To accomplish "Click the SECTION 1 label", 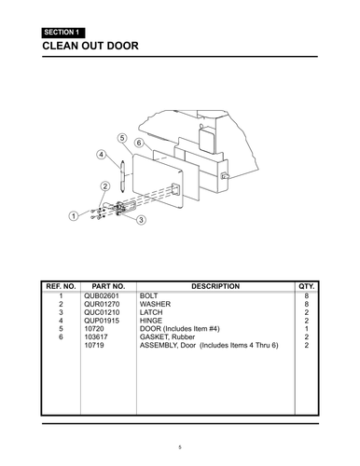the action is click(x=62, y=33).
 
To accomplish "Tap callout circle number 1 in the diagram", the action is click(x=73, y=216).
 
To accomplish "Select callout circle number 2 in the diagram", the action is click(x=105, y=186).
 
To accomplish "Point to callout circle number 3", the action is click(x=141, y=220).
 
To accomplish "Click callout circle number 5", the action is click(x=122, y=138).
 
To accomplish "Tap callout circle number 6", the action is click(x=138, y=144).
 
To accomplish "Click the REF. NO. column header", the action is click(x=60, y=286).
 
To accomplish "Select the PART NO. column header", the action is click(x=107, y=286).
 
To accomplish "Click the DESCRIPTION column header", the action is click(x=215, y=286).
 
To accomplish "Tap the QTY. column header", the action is click(x=306, y=286).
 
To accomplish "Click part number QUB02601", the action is click(x=103, y=295).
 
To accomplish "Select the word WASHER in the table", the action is click(x=156, y=304).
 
